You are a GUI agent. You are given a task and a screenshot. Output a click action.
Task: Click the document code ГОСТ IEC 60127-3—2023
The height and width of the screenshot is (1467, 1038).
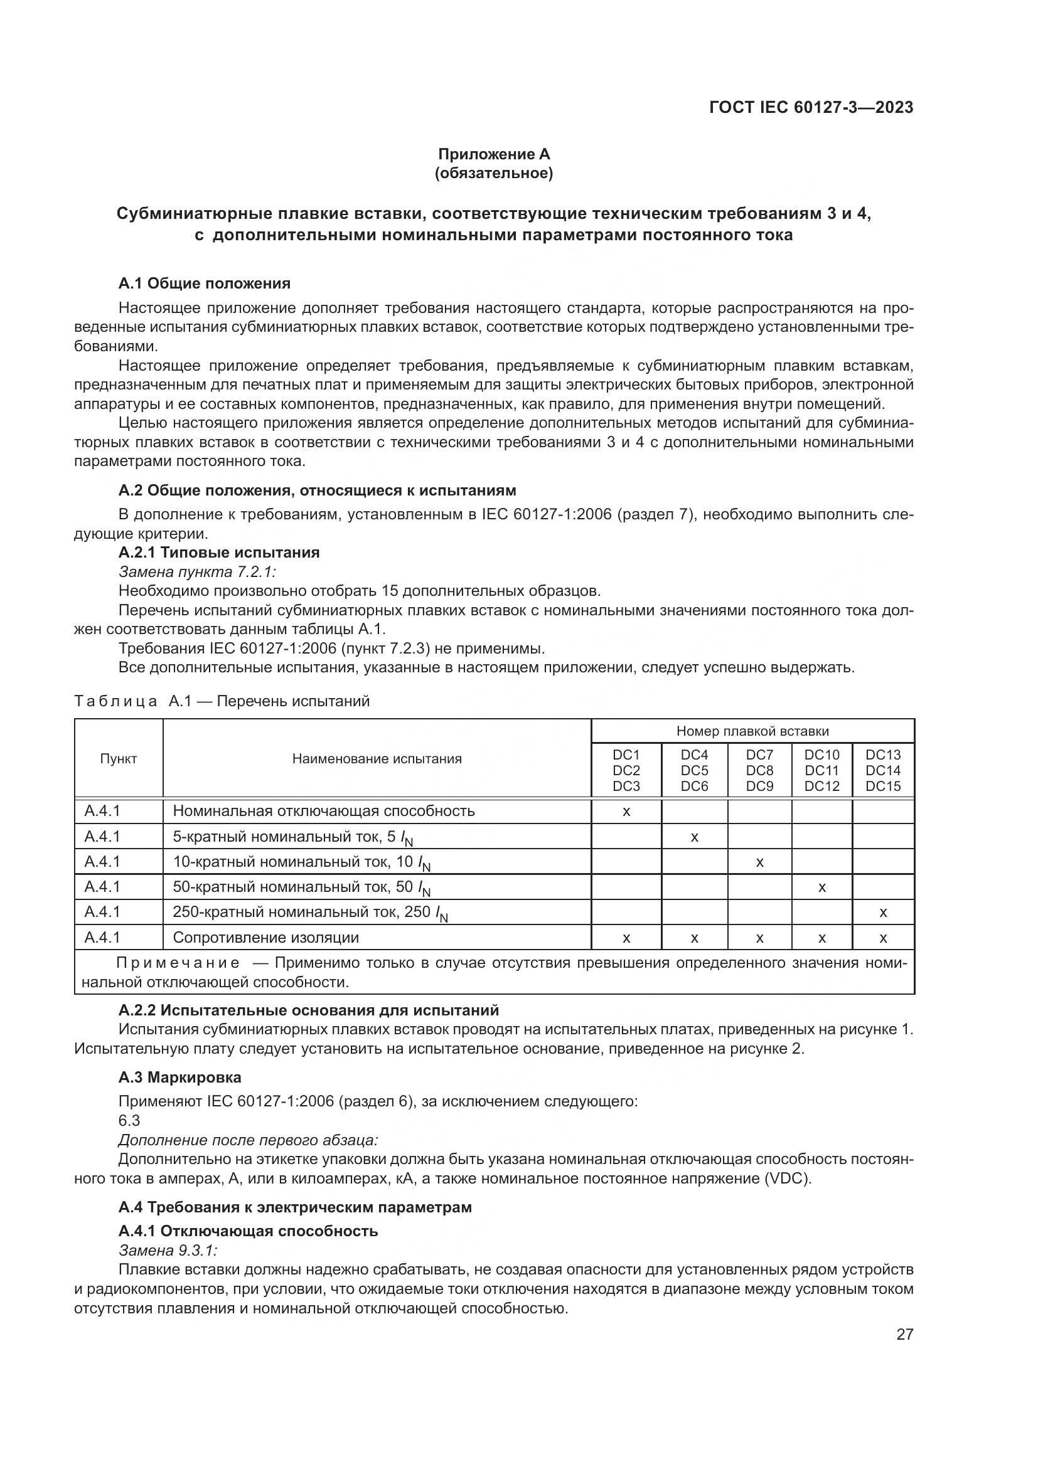coord(810,107)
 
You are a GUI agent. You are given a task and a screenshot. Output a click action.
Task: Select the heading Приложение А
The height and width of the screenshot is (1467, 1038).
coord(493,154)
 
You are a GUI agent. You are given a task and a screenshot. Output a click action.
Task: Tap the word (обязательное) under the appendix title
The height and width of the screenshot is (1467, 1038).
coord(493,173)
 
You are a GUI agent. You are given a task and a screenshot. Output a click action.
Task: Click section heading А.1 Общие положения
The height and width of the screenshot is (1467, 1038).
coord(205,283)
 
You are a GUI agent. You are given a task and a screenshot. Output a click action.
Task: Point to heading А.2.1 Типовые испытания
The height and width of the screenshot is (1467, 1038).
coord(219,552)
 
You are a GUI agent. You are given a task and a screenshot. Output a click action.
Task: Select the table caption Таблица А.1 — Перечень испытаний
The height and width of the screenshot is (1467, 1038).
coord(222,701)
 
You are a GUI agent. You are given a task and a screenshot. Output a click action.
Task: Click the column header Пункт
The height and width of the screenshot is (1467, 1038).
coord(118,759)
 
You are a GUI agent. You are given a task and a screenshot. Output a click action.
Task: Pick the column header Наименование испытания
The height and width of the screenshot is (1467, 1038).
coord(377,759)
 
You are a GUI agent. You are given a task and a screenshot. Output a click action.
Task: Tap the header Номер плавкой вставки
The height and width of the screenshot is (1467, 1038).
coord(752,731)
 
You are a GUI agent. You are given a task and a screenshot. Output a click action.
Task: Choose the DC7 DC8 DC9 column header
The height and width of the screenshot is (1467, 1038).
coord(759,771)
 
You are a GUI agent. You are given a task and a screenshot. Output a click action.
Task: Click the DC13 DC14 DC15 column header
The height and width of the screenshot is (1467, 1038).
coord(883,771)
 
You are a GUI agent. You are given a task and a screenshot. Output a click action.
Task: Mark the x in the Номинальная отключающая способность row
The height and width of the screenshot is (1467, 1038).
coord(626,812)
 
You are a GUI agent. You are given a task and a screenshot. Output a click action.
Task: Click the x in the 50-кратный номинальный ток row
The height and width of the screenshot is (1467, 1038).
coord(822,887)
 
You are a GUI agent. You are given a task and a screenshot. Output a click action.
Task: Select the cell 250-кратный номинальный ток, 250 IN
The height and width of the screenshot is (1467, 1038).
coord(310,913)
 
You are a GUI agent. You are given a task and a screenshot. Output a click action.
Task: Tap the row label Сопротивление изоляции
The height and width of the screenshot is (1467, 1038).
coord(266,937)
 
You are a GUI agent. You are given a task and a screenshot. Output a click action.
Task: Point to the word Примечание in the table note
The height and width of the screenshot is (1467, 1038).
coord(178,963)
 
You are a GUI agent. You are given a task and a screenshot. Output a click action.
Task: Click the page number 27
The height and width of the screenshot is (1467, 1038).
coord(904,1334)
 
